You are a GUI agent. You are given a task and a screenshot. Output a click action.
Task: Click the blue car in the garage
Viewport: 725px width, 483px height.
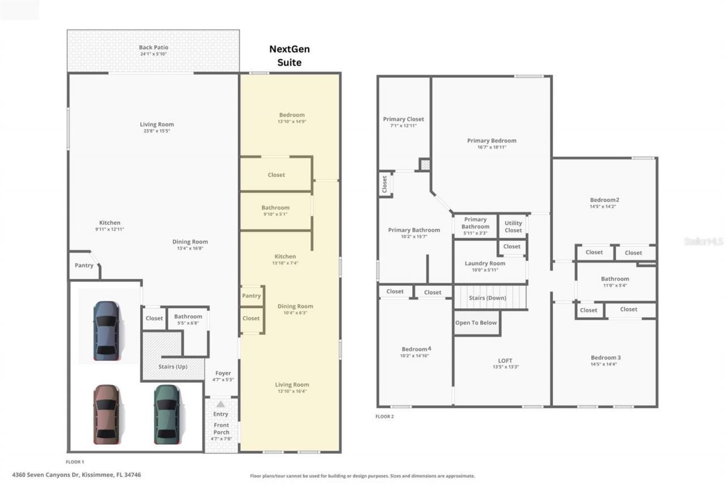[x=106, y=331]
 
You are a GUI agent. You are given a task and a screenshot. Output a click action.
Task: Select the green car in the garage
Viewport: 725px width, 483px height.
[x=167, y=414]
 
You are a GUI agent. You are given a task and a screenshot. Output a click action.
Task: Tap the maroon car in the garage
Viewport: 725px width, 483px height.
[x=106, y=414]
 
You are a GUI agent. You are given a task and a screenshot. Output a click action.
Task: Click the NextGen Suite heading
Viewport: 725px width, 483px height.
[x=289, y=55]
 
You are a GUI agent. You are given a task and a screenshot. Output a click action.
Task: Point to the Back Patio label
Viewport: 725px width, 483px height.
[x=153, y=48]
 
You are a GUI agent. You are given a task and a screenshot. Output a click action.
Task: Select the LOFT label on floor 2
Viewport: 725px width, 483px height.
[x=505, y=361]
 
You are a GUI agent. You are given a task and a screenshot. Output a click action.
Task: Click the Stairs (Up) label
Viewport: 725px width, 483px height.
[x=173, y=366]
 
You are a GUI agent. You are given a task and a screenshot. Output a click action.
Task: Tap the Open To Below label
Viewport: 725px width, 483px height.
[x=476, y=323]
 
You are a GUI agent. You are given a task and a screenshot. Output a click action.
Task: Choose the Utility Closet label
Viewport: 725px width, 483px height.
[x=513, y=226]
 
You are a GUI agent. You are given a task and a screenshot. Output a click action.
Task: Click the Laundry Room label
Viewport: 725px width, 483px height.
[x=485, y=263]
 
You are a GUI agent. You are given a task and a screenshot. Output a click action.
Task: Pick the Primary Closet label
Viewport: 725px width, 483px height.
[x=403, y=119]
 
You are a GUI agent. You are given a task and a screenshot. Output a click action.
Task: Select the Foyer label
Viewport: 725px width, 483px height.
[x=223, y=373]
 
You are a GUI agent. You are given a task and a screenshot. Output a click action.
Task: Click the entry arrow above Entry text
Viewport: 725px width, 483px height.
[x=220, y=404]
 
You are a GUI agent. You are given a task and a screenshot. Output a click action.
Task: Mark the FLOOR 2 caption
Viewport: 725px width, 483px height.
[x=385, y=417]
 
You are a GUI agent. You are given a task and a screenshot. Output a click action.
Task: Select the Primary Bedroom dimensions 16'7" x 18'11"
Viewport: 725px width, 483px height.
[x=492, y=147]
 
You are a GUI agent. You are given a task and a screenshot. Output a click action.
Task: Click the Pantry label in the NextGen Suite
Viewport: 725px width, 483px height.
[x=251, y=296]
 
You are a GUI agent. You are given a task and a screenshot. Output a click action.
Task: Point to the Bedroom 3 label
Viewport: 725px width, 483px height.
[x=605, y=357]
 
